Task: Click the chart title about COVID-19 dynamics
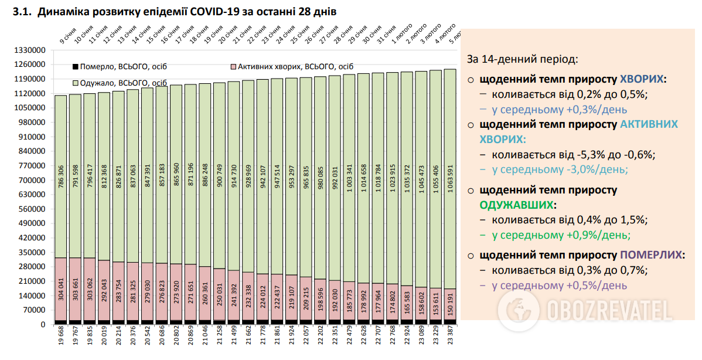point(179,12)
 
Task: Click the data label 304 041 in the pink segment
point(61,290)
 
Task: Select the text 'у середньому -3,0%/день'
point(560,169)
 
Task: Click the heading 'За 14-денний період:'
point(522,60)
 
